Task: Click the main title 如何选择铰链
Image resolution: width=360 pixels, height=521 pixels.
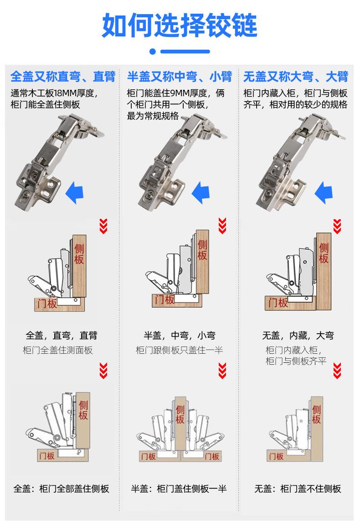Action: click(x=180, y=25)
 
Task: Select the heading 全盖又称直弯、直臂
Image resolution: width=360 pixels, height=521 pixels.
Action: click(x=63, y=76)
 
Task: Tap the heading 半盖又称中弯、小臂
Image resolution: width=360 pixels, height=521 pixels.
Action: click(x=180, y=76)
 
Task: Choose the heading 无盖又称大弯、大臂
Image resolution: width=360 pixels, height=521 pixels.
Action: click(x=296, y=76)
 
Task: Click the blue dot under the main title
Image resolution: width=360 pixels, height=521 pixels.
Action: click(x=153, y=52)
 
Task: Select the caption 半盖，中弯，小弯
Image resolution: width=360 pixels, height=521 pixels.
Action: click(x=180, y=336)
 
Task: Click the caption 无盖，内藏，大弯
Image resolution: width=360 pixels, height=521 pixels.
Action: click(x=298, y=336)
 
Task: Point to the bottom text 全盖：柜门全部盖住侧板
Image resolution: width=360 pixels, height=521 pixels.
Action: click(x=62, y=489)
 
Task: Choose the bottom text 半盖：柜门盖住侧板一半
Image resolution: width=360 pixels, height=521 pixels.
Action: click(x=179, y=489)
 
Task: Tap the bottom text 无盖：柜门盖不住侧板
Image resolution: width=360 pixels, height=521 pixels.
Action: click(x=298, y=489)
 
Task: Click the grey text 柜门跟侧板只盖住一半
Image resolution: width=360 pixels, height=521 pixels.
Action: click(x=180, y=351)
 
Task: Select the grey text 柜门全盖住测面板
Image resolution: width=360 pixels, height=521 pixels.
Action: click(x=57, y=351)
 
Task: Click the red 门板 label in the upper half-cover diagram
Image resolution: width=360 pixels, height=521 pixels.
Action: click(x=165, y=299)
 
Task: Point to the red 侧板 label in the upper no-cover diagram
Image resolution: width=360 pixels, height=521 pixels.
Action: click(x=324, y=253)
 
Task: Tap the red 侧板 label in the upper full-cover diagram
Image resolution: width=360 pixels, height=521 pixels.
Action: click(x=79, y=254)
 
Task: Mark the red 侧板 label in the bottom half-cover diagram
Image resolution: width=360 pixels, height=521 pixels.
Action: click(x=180, y=413)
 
